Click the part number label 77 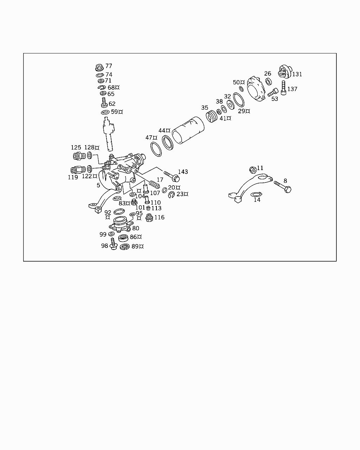click(x=109, y=66)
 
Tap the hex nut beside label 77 click(x=99, y=67)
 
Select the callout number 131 click(x=297, y=74)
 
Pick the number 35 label click(x=205, y=108)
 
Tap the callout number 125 click(x=76, y=148)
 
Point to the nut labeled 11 click(x=252, y=170)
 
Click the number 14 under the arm click(x=257, y=200)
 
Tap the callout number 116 click(x=159, y=217)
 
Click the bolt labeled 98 click(x=113, y=243)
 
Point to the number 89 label click(x=135, y=246)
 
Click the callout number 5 click(x=98, y=185)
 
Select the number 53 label click(x=275, y=99)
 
